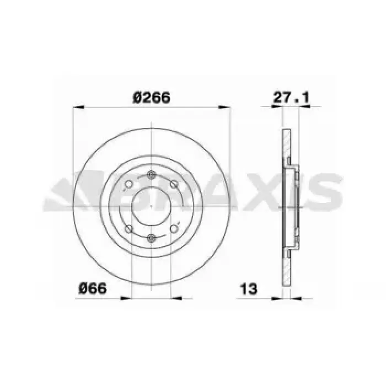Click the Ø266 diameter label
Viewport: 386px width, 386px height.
[x=151, y=98]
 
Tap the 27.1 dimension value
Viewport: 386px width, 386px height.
[x=291, y=97]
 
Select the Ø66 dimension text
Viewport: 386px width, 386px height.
[x=93, y=288]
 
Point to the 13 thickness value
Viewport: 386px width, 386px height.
[x=249, y=289]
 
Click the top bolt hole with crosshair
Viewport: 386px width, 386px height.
[x=151, y=175]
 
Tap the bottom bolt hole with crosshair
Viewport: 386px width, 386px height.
[x=151, y=238]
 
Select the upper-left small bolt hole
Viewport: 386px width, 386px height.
[x=128, y=184]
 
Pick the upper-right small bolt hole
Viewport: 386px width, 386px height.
[x=174, y=184]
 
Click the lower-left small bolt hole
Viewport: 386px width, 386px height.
[x=128, y=229]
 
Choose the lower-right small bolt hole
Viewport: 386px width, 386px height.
[x=174, y=229]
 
